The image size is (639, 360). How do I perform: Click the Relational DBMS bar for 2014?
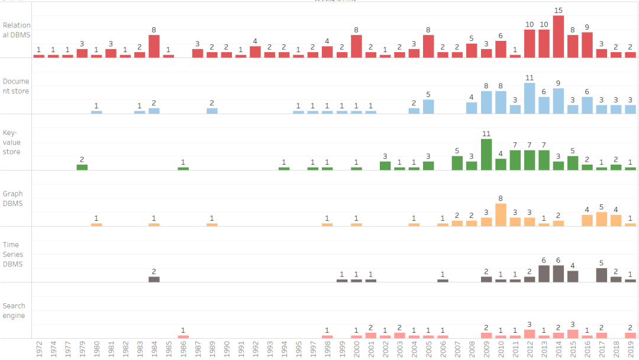[559, 37]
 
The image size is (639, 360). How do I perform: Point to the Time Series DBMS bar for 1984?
[154, 279]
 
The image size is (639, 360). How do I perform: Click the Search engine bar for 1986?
[183, 337]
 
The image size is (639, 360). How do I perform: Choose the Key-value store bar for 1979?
[82, 167]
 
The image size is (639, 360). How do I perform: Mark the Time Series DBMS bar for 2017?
[602, 275]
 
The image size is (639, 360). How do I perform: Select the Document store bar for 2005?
[428, 107]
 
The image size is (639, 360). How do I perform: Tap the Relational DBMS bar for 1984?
[154, 46]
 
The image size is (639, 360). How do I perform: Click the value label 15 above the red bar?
[559, 11]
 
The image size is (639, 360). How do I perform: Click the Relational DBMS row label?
[17, 30]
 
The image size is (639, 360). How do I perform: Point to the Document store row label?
[16, 86]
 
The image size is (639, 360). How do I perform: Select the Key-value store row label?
[12, 143]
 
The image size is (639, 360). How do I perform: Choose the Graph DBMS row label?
[13, 199]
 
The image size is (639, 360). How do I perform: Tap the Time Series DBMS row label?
[13, 255]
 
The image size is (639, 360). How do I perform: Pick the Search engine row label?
[14, 311]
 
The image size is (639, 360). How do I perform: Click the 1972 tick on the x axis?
[39, 349]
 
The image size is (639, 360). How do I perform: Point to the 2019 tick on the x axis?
[631, 349]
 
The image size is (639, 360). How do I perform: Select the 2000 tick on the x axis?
[356, 349]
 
